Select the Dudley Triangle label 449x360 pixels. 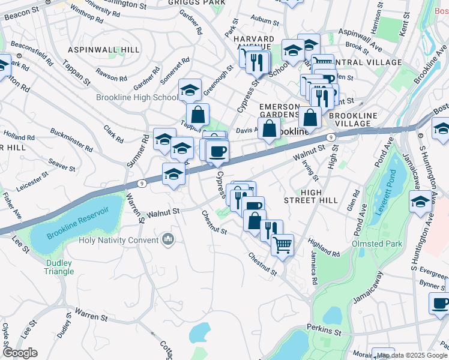58,267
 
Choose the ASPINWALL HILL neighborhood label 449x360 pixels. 104,49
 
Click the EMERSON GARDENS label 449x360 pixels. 279,110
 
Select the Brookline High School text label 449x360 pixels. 137,97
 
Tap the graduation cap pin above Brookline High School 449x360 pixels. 190,91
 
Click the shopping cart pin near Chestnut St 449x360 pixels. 282,244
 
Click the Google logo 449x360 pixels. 19,353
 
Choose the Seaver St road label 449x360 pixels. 61,163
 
